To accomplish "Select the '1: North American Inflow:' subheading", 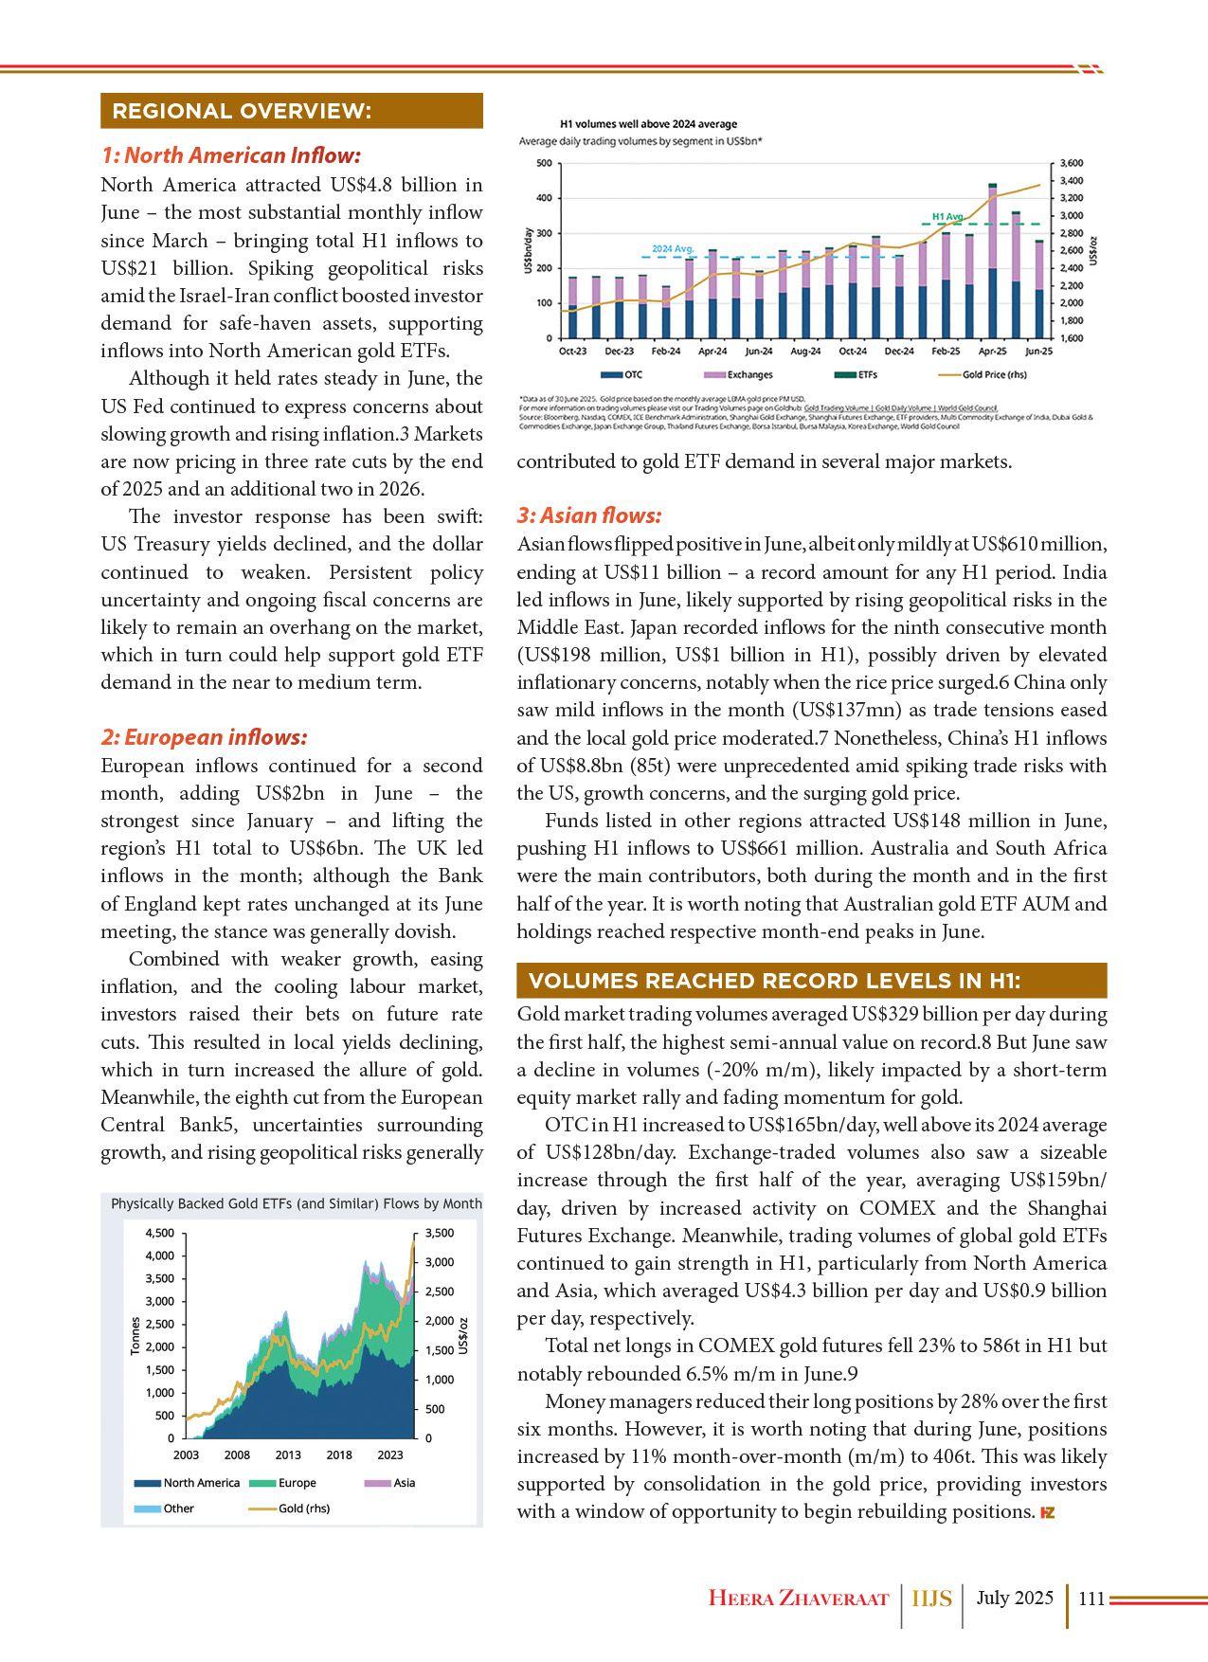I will click(x=231, y=155).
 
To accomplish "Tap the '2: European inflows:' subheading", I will click(x=205, y=737).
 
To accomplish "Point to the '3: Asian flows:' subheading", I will click(x=589, y=515).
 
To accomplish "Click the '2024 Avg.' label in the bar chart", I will click(x=673, y=248).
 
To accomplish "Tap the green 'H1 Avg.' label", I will click(x=947, y=216).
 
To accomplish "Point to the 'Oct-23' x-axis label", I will click(x=572, y=352).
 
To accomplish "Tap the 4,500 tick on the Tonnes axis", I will click(x=158, y=1233).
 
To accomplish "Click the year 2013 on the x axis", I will click(x=288, y=1454).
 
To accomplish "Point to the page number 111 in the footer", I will click(x=1091, y=1599).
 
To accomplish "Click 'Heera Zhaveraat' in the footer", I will click(x=799, y=1599).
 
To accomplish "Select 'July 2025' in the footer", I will click(x=1015, y=1599).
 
